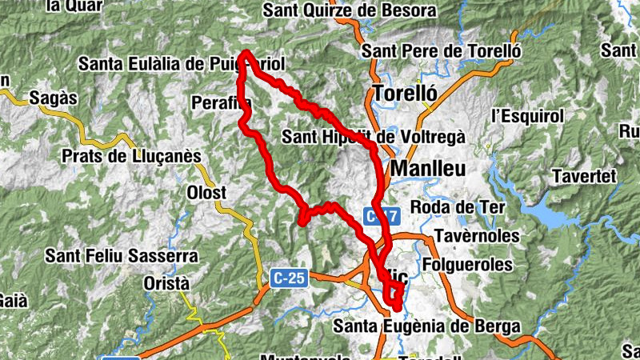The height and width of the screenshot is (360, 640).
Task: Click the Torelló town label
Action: coord(405,92)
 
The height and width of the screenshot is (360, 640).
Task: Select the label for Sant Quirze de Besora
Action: coord(350,11)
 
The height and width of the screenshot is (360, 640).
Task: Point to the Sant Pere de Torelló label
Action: coord(442,51)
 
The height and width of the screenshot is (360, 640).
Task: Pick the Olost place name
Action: coord(207,193)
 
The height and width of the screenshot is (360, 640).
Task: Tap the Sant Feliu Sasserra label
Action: coord(121,256)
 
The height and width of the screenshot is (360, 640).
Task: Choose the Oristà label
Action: coord(166,284)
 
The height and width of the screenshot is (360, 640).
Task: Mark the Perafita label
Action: coord(221,102)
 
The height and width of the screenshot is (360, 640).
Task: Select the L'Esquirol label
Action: coord(528,115)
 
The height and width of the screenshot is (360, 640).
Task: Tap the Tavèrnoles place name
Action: coord(477,237)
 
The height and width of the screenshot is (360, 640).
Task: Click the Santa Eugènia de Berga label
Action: coord(426,326)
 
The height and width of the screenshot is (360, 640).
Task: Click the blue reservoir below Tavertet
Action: coord(552,214)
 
